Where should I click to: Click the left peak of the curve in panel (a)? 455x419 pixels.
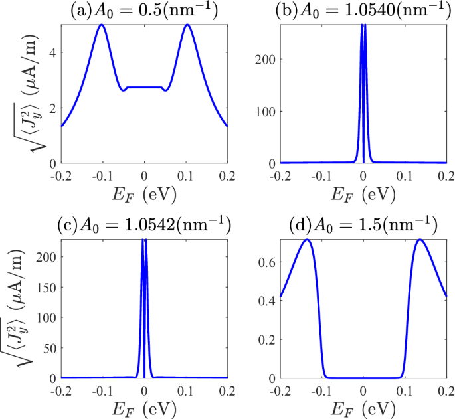pos(102,25)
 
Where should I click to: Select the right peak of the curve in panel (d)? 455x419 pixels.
pos(420,240)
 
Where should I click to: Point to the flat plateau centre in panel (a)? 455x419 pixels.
pos(144,87)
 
